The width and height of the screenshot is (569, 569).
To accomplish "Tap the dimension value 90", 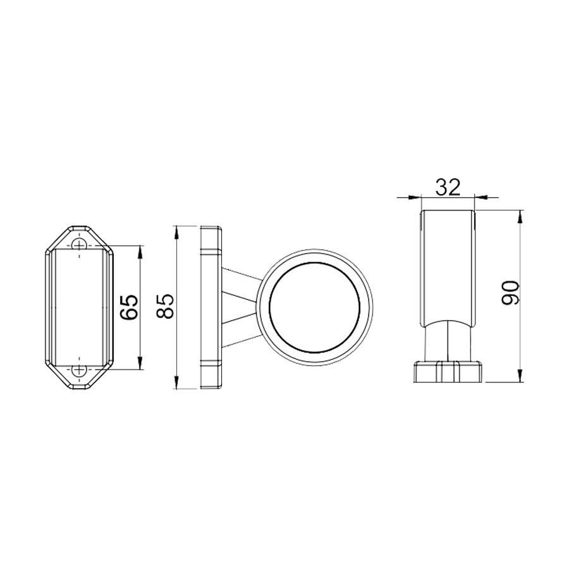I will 510,293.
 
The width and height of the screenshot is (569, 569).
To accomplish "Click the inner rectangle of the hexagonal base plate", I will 79,307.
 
